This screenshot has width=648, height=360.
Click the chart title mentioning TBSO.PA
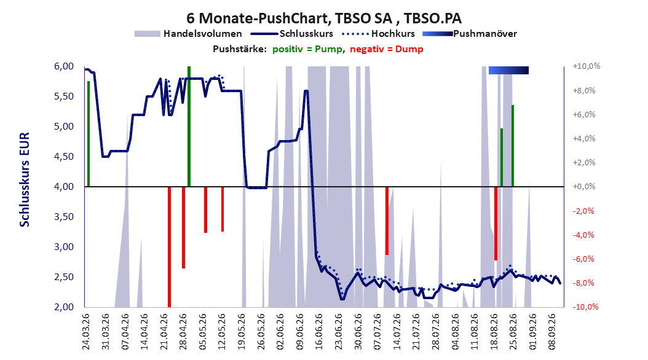[323, 18]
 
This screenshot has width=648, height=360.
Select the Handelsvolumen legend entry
[189, 34]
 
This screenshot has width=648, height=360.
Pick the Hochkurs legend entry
[378, 34]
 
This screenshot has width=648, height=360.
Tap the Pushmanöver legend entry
[470, 34]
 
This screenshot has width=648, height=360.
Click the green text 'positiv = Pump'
[307, 49]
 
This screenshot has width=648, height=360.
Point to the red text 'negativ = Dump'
[387, 49]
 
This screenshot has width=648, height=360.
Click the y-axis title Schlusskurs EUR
[25, 179]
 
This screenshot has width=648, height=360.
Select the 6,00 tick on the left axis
[64, 66]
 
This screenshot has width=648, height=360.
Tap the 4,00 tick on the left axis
[64, 187]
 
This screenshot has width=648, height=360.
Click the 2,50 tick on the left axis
[64, 277]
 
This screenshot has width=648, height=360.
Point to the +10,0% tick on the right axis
[587, 66]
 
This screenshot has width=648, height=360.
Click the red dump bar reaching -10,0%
[169, 247]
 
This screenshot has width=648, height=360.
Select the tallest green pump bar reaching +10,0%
[189, 127]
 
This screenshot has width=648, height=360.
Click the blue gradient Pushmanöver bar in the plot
[508, 70]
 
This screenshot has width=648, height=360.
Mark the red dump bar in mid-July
[387, 221]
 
